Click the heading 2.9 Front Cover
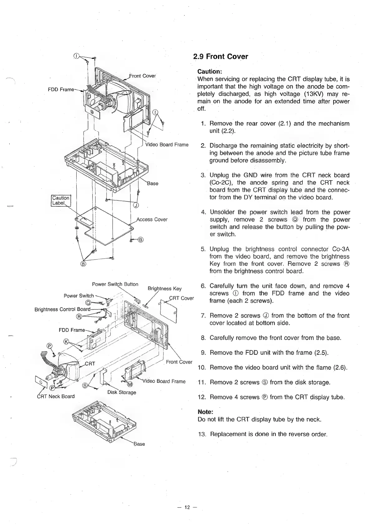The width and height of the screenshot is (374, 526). point(220,57)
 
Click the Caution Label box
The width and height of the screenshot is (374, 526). point(61,200)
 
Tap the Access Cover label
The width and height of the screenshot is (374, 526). point(152,219)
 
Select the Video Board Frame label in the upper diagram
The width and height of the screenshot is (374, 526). point(167,145)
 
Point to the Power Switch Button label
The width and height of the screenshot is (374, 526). point(115,284)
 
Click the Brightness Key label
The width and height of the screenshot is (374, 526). point(164,289)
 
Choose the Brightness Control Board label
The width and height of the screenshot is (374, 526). point(62,309)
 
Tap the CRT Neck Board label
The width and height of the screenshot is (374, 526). point(56,396)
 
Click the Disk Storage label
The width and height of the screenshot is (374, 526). point(122,392)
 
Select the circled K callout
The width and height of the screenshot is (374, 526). point(66,341)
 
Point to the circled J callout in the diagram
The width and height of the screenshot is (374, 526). point(136,205)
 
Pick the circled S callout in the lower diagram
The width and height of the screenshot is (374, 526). point(84,386)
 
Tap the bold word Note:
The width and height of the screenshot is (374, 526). point(205,411)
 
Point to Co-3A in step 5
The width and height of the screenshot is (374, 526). point(341,249)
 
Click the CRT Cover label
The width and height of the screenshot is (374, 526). point(181,298)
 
